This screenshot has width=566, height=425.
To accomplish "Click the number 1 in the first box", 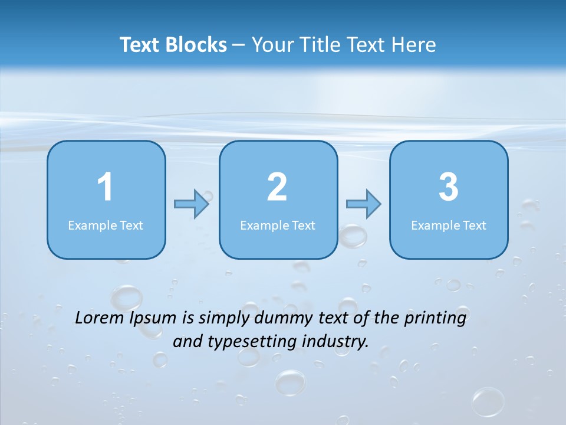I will (105, 187).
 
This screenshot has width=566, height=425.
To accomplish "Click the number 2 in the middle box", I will (277, 187).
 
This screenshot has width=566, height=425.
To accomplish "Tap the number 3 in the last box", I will (449, 187).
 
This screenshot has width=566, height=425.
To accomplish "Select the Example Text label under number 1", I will (106, 225).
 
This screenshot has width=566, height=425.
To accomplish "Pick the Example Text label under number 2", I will (278, 225).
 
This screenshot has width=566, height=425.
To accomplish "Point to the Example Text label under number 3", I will (449, 225).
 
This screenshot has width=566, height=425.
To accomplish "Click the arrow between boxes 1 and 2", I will (192, 204).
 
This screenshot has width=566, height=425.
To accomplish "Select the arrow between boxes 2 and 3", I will (364, 204).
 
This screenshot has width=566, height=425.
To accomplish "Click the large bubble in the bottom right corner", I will (488, 402).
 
